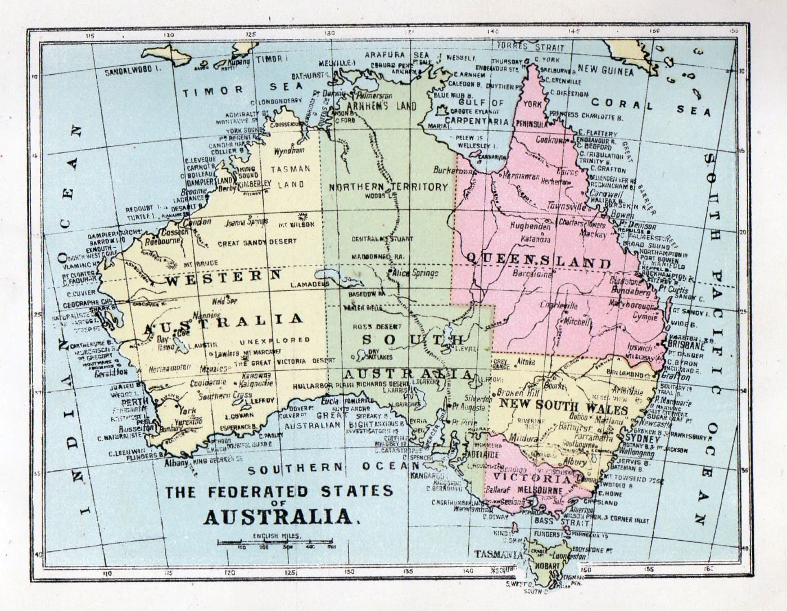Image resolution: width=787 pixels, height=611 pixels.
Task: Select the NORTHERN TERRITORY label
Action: pyautogui.click(x=388, y=187)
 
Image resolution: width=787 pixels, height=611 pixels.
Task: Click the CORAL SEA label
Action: pyautogui.click(x=650, y=105)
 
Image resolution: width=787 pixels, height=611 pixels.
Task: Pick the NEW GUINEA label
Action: pyautogui.click(x=605, y=72)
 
